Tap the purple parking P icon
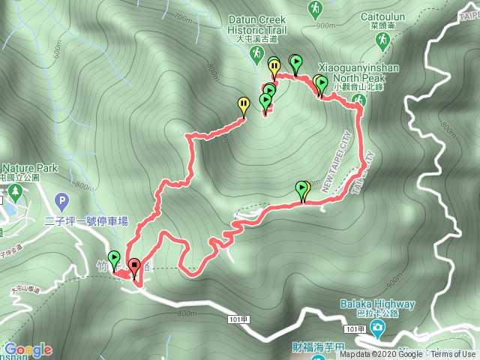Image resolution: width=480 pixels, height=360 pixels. tap(62, 201)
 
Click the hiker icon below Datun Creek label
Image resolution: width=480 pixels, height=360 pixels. tap(257, 54)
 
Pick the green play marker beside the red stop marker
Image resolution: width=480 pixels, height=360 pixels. tap(115, 259)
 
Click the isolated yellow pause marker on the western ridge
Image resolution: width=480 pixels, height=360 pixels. tap(243, 105)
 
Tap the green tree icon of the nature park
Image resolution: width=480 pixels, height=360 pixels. tap(15, 195)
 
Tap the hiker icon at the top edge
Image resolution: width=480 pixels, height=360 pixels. tap(316, 9)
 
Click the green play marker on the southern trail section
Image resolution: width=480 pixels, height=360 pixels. tap(302, 189)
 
